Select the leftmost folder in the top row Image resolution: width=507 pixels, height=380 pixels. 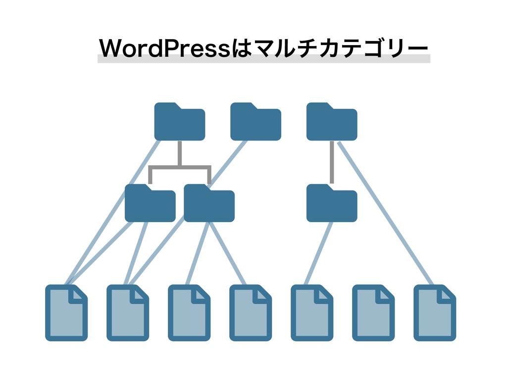(179, 123)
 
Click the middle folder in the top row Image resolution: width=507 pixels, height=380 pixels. (255, 123)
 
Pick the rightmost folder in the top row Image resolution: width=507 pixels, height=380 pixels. (331, 123)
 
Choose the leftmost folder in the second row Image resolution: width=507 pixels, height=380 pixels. (150, 204)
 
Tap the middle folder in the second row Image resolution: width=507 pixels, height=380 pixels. (209, 204)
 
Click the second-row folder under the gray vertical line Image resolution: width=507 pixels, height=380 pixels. (331, 204)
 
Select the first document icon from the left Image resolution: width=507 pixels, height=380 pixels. (66, 313)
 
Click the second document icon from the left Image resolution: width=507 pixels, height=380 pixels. (128, 313)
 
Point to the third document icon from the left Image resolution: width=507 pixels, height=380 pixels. (189, 313)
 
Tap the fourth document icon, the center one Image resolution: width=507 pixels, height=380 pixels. (251, 313)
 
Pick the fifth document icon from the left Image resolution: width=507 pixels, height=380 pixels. (312, 313)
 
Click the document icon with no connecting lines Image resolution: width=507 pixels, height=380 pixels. (373, 313)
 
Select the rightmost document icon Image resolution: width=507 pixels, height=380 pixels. (435, 313)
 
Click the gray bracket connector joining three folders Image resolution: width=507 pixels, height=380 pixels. (180, 167)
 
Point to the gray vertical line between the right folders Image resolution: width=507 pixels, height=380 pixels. (331, 161)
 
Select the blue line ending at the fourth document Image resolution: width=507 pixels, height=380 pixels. (228, 253)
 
